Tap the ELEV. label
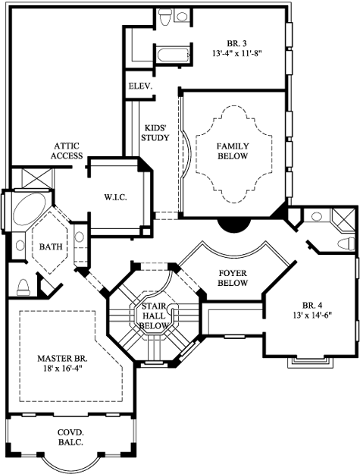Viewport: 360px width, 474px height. [140, 86]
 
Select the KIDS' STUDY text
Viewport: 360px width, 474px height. [155, 133]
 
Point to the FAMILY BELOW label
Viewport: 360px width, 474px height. [233, 150]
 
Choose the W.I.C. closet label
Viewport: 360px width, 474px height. [115, 198]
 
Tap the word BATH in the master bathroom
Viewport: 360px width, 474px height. [51, 246]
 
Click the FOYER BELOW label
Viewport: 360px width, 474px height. [233, 278]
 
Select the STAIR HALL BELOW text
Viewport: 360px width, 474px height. [153, 315]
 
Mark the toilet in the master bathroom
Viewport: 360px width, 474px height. [22, 285]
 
